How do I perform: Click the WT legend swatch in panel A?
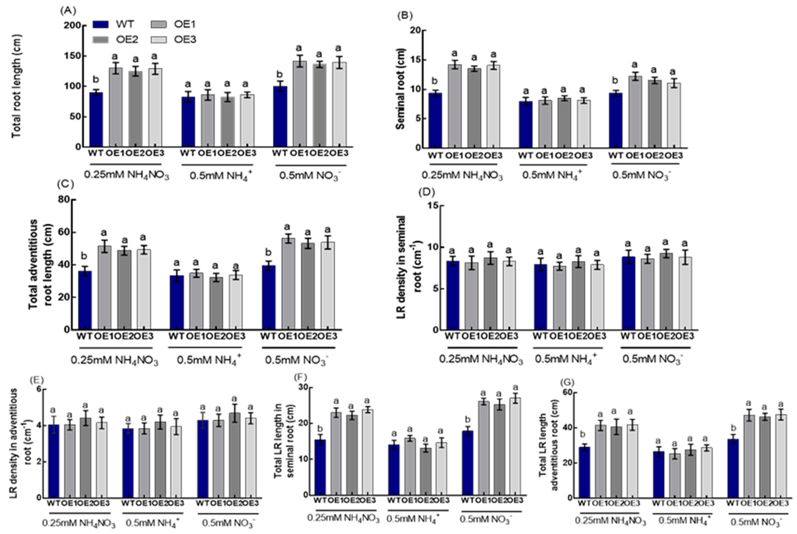pos(101,25)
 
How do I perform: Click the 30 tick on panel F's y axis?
pos(303,387)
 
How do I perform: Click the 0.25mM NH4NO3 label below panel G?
pos(610,521)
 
